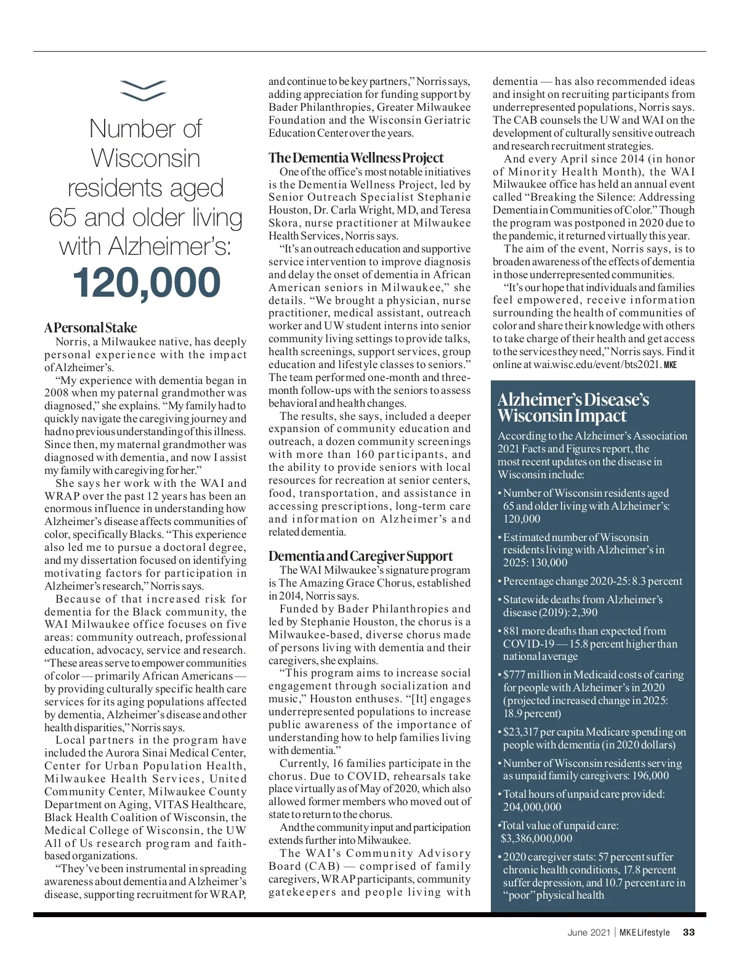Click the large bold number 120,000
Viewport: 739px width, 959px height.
[x=146, y=283]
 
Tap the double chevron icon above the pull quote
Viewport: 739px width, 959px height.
[x=143, y=90]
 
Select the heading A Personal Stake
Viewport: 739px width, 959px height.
[x=91, y=327]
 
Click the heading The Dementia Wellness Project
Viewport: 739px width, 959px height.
[x=356, y=158]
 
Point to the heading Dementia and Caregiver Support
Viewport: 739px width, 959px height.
[x=360, y=556]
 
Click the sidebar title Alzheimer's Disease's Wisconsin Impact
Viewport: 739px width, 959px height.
[x=573, y=407]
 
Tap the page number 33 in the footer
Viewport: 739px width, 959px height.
[x=689, y=932]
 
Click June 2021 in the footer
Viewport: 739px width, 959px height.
[x=589, y=932]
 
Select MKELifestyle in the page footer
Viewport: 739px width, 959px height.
[x=644, y=932]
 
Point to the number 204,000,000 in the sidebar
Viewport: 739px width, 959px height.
[x=532, y=807]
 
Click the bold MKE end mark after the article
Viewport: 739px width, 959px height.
[x=670, y=365]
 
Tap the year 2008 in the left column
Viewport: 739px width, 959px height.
[x=57, y=393]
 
